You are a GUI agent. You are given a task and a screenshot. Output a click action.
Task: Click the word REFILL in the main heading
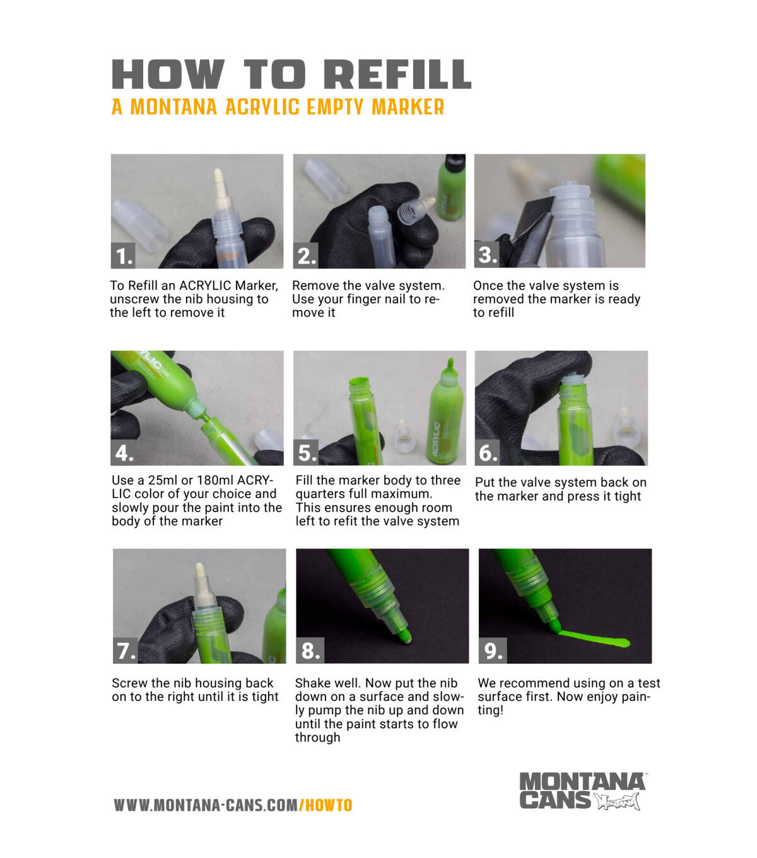pos(397,74)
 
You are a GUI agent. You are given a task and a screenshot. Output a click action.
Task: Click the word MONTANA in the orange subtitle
pos(173,107)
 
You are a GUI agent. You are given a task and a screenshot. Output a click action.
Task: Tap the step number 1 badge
pos(123,256)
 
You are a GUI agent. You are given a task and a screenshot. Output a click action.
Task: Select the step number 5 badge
pos(306,452)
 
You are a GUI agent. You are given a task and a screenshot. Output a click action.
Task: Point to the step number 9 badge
pos(493,650)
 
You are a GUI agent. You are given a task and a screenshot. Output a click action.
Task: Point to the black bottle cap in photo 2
pos(455,160)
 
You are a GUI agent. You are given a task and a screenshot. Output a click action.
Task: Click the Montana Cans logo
pos(582,791)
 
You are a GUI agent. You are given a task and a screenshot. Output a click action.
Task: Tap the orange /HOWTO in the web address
pos(326,805)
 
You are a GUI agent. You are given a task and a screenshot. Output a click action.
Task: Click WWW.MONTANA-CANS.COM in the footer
pos(206,805)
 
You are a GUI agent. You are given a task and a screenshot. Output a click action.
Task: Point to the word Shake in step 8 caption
pos(310,683)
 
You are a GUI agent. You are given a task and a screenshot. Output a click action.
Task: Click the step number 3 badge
pos(487,255)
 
